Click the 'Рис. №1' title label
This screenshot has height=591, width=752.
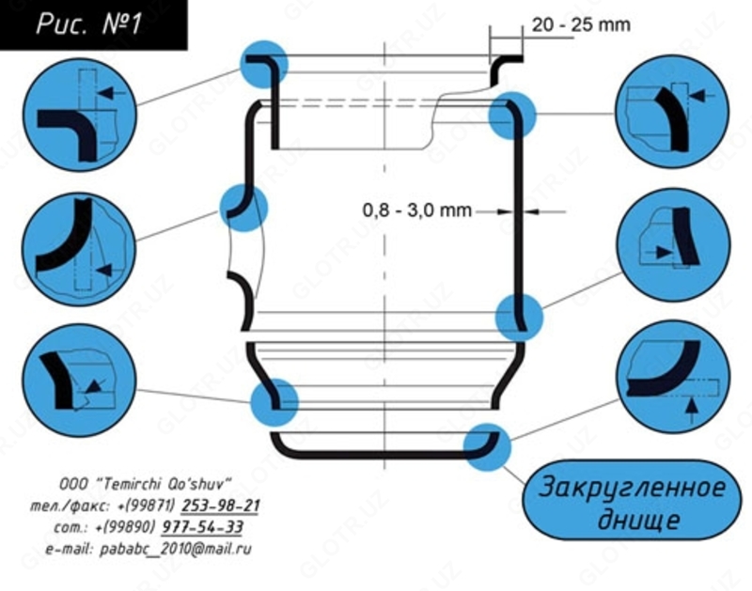88,23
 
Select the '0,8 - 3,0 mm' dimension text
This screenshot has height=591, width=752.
416,210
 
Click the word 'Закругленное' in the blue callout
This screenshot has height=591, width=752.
632,490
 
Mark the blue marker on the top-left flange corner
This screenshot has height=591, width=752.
264,64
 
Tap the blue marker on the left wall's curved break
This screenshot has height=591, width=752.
243,207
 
